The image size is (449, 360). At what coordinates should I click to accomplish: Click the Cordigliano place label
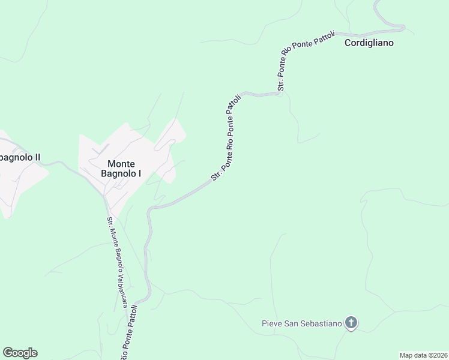coord(369,43)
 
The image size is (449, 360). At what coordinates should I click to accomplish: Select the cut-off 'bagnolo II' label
coord(20,158)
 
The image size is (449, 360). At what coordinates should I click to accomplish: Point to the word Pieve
coord(271,324)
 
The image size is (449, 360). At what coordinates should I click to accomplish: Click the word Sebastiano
coord(322,324)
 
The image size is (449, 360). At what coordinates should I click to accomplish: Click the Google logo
coord(20,353)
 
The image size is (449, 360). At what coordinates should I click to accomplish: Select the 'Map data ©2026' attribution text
coord(423,355)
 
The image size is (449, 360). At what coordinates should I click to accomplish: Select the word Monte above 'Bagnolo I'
coord(121,164)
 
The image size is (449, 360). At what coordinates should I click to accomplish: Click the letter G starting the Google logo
coord(8,353)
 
